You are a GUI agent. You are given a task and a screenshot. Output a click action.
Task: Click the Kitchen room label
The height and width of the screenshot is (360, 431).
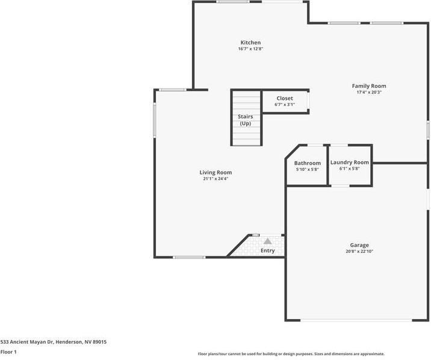tap(250, 43)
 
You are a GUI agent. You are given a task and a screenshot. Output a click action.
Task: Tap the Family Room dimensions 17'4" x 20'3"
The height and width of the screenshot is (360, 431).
tap(369, 93)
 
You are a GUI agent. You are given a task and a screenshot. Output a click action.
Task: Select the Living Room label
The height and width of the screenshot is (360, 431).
tap(215, 172)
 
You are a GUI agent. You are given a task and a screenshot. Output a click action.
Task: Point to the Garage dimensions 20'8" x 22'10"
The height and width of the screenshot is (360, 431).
tap(359, 252)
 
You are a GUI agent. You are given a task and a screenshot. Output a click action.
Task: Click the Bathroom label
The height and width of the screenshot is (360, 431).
tap(307, 163)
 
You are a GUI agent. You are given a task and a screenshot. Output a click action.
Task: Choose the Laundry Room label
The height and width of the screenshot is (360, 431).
tap(349, 163)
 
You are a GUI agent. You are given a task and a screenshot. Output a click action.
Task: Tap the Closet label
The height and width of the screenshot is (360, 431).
tap(285, 98)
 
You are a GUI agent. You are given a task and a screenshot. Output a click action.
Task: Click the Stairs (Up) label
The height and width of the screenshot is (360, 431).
tap(246, 120)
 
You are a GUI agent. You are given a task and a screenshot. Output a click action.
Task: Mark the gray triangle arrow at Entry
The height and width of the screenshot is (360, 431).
tap(267, 241)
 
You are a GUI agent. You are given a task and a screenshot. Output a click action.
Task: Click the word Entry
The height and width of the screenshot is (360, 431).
tap(267, 250)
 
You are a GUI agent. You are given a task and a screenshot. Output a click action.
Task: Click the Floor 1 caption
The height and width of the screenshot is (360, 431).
tap(8, 352)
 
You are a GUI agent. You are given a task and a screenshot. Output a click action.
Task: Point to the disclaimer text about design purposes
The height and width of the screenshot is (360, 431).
tap(291, 354)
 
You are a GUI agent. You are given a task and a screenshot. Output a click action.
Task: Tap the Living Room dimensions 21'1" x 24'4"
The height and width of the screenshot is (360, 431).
tap(215, 179)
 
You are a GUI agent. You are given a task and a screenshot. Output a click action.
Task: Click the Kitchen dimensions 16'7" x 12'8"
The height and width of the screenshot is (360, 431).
tap(250, 49)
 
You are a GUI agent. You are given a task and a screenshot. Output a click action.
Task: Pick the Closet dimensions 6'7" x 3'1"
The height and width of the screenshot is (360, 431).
tap(285, 105)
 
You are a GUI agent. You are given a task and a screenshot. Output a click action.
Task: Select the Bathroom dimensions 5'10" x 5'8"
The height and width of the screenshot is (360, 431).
tap(307, 170)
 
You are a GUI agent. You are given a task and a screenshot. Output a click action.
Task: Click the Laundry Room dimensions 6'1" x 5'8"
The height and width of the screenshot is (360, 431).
tap(349, 169)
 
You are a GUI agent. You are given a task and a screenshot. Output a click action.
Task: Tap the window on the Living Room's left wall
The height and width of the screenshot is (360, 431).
tap(154, 119)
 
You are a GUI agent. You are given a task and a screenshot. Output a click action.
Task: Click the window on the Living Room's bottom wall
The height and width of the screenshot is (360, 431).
tap(188, 258)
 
